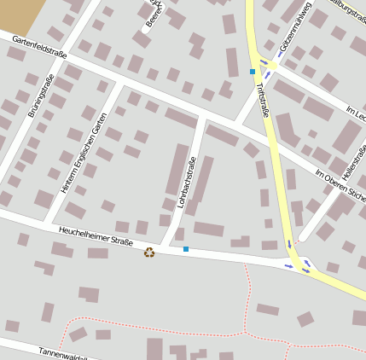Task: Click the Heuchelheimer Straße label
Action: pos(96,236)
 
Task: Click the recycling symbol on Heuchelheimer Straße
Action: pos(150,252)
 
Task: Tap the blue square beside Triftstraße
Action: pos(253,72)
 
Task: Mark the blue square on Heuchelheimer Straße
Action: pos(186,249)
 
